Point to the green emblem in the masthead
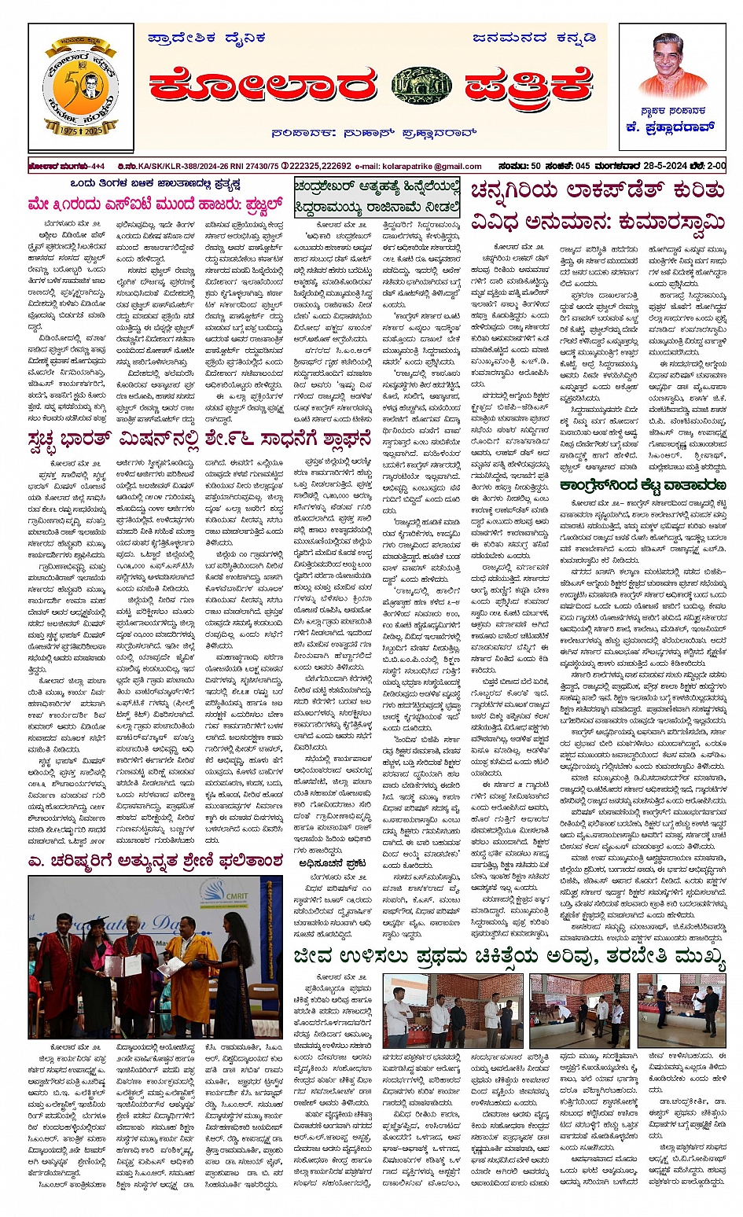point(421,86)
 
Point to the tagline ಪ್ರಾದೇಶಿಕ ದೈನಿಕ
point(207,37)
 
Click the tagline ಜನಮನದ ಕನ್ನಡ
point(534,37)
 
